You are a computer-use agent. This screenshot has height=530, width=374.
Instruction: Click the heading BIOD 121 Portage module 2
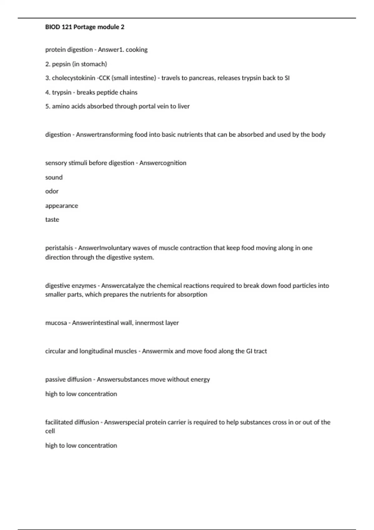tap(84, 27)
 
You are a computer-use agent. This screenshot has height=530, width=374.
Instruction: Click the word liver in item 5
tap(184, 106)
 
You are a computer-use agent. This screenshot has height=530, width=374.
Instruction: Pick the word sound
tap(54, 177)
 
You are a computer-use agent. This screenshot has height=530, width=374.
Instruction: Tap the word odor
tap(52, 191)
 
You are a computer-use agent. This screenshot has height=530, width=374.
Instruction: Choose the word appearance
tap(61, 206)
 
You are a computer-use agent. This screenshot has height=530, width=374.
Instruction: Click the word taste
tap(52, 219)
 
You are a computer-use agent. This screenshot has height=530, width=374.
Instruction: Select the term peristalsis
tap(59, 248)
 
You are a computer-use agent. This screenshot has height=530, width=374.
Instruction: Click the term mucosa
tap(56, 323)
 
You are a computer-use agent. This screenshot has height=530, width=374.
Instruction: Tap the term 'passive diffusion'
tap(68, 379)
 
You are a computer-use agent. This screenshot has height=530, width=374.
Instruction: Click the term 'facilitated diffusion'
tap(72, 422)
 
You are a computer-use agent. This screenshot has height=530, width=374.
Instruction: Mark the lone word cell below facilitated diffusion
tap(50, 431)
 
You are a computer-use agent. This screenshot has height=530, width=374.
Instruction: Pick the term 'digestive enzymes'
tap(71, 286)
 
